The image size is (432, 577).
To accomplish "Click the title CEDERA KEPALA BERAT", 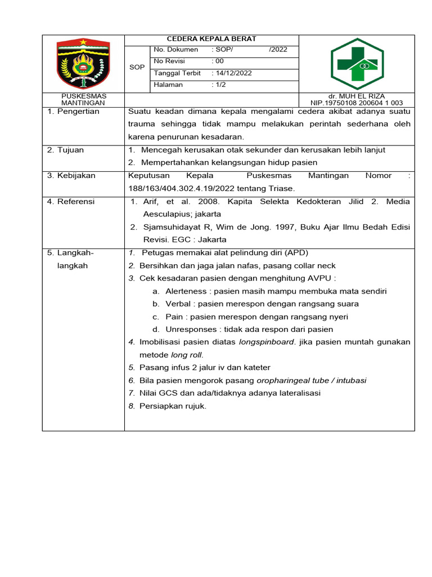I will pos(211,39).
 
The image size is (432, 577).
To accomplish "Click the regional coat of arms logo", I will pos(83,63).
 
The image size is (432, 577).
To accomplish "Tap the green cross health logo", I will pos(357,64).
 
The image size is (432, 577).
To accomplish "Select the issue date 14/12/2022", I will pos(232,73).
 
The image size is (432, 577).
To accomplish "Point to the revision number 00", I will pos(218,61).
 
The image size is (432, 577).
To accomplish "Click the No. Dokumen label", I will pos(176,50).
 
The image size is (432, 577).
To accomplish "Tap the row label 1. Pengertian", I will pos(78,112).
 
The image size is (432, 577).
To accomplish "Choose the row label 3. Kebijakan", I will pos(76,175).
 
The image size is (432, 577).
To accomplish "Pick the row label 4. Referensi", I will pos(76,201).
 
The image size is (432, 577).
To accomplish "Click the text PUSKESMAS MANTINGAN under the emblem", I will pos(83,100).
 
